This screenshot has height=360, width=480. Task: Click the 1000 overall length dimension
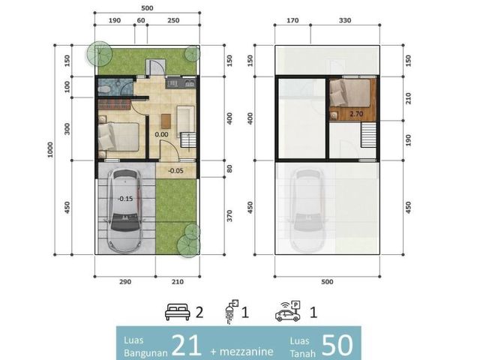click(50, 150)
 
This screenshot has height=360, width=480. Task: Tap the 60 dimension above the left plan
click(141, 20)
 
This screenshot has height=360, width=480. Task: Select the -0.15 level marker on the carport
click(125, 199)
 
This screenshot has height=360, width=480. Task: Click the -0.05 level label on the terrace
click(175, 171)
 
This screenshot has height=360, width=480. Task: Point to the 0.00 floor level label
click(161, 134)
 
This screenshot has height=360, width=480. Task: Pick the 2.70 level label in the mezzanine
click(356, 114)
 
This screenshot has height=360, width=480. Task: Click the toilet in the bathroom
click(104, 88)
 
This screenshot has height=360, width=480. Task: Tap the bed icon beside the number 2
click(177, 312)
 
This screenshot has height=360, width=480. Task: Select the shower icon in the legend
click(232, 311)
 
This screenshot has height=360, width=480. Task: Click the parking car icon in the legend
click(288, 311)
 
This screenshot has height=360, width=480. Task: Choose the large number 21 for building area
click(187, 345)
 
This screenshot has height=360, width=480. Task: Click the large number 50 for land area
click(337, 345)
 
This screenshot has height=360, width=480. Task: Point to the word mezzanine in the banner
click(246, 352)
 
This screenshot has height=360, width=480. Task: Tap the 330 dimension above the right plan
click(345, 20)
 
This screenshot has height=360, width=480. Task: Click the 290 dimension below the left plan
click(125, 282)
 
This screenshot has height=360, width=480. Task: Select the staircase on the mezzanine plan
click(368, 135)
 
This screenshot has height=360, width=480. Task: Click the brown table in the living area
click(166, 121)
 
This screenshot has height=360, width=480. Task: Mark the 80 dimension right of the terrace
click(229, 169)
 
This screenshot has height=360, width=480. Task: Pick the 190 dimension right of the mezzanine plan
click(408, 140)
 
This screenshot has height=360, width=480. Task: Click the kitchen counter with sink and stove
click(181, 83)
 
